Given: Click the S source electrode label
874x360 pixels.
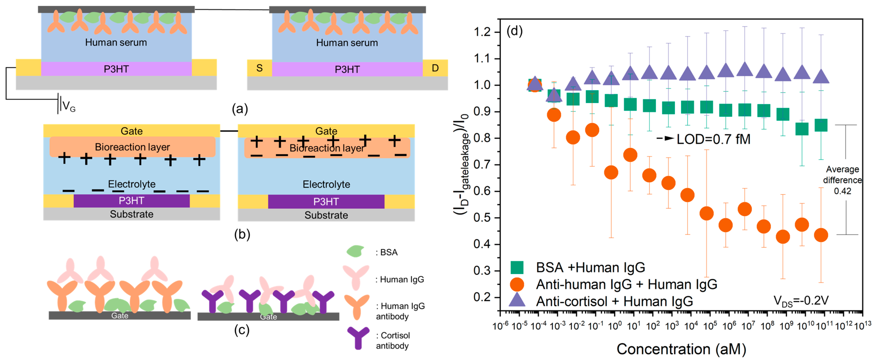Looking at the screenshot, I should click(x=259, y=68).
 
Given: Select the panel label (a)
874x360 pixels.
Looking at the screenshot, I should click(x=240, y=109).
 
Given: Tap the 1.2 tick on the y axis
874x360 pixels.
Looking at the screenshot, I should click(x=482, y=32).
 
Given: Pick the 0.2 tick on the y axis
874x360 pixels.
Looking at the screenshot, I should click(x=482, y=297).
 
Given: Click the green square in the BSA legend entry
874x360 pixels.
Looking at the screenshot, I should click(x=517, y=267).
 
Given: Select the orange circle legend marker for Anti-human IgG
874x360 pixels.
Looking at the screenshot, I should click(x=517, y=284).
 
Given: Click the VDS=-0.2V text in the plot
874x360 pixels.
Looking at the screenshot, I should click(x=801, y=301).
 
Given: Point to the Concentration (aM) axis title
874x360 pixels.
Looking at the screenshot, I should click(x=681, y=349).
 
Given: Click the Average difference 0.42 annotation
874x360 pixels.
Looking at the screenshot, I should click(x=843, y=180).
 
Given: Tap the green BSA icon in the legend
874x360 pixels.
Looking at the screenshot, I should click(x=355, y=251).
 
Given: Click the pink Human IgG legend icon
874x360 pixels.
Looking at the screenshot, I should click(x=356, y=276).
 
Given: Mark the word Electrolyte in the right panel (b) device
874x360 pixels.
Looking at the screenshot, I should click(x=326, y=184).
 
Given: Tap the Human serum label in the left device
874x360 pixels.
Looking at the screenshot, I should click(x=116, y=42).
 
